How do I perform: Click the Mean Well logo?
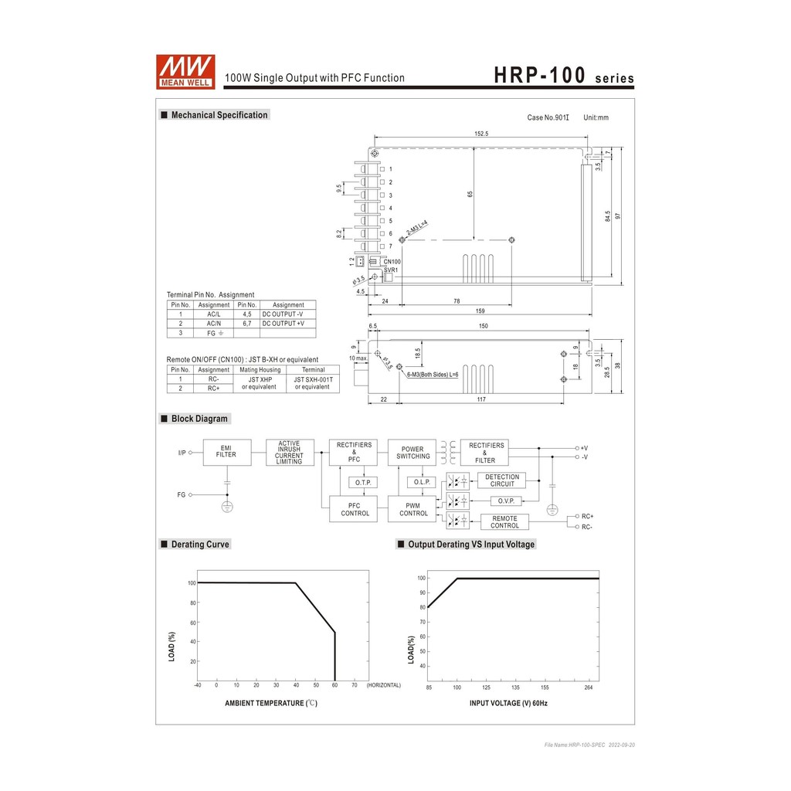coord(185,72)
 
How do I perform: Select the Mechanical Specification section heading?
coord(219,115)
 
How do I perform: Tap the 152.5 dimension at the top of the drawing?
coord(480,134)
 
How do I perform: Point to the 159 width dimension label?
coord(480,311)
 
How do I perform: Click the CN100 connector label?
coord(392,262)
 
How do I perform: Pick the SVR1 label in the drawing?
coord(391,270)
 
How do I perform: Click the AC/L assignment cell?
coord(214,314)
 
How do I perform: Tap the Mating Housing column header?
coord(260,370)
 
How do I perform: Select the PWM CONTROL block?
coord(413,509)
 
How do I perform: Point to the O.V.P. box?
coord(506,501)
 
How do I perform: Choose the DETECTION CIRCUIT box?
coord(501,480)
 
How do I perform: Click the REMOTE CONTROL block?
coord(504,521)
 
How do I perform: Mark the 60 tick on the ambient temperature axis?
coord(334,685)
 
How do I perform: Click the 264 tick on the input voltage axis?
coord(589,687)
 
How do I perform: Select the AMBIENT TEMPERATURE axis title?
coord(270,703)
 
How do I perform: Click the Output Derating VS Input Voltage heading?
coord(470,545)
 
